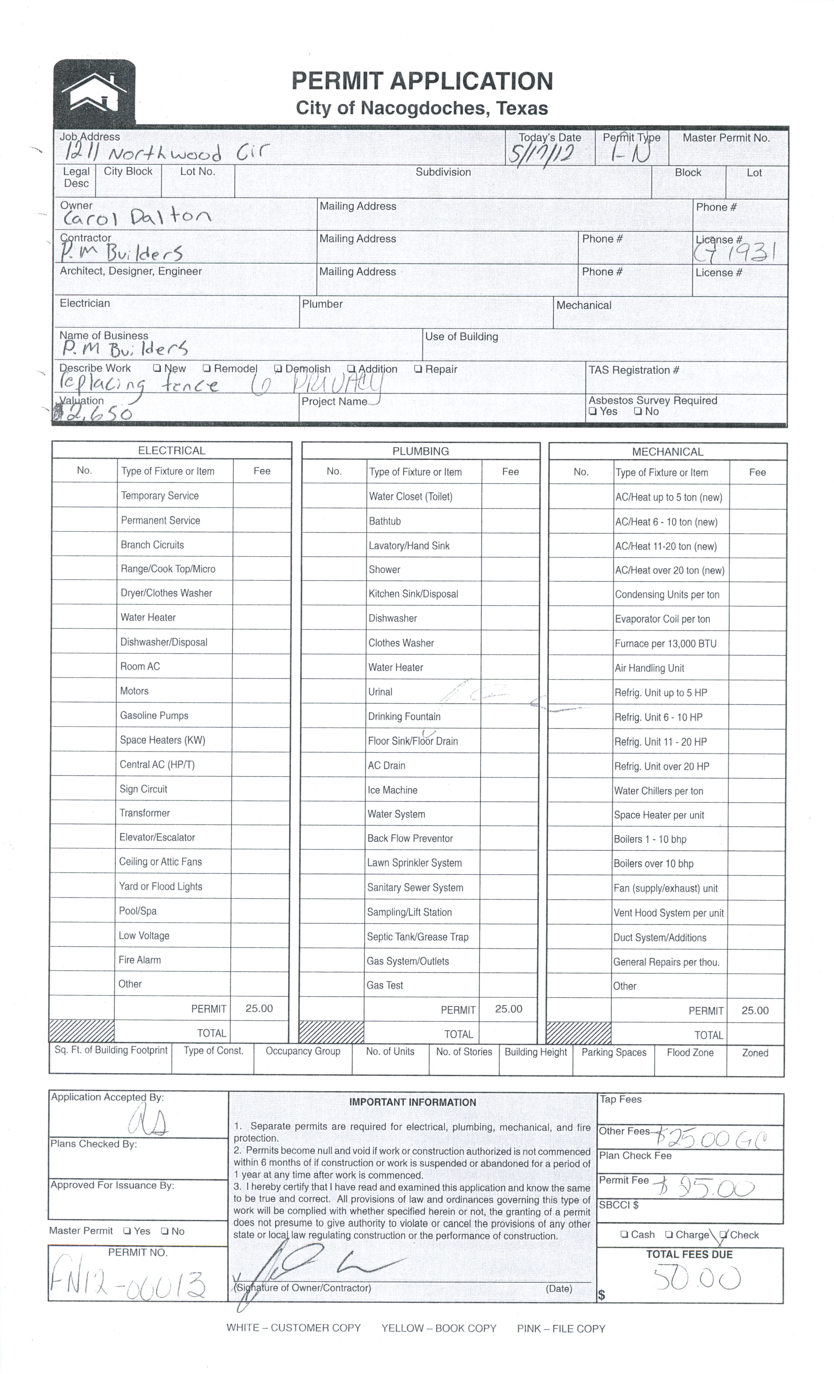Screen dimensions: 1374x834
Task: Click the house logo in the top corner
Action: click(x=94, y=92)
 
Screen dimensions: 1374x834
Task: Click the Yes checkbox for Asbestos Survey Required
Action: click(x=593, y=412)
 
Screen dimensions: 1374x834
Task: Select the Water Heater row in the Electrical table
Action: click(x=148, y=617)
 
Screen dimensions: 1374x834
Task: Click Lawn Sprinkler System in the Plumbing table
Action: click(x=414, y=863)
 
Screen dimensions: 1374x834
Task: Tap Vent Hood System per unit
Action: click(x=669, y=913)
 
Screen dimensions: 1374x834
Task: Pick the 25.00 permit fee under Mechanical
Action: click(x=755, y=1011)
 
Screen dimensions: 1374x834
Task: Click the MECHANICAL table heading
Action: click(x=667, y=452)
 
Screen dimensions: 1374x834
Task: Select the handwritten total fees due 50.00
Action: click(x=697, y=1278)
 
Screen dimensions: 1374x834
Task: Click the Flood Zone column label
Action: click(x=690, y=1053)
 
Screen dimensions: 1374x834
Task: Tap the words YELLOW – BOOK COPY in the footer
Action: click(x=439, y=1328)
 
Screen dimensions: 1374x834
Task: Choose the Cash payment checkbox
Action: click(x=624, y=1235)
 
